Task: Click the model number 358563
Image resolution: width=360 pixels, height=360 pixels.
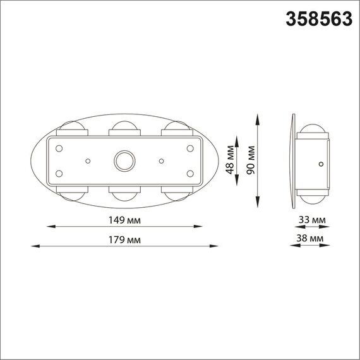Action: click(x=319, y=20)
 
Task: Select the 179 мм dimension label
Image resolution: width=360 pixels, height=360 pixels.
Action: click(x=125, y=240)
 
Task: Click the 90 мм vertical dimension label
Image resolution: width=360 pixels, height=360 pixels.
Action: click(x=250, y=160)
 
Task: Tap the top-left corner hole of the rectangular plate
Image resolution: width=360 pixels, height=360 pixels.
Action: click(x=59, y=148)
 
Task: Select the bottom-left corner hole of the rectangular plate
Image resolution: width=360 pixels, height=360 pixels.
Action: click(x=59, y=173)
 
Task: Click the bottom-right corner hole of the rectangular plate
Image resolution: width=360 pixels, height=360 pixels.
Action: click(x=189, y=173)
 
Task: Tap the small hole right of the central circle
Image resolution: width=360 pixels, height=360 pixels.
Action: click(x=162, y=160)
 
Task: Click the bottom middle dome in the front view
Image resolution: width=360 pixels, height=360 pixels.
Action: click(x=124, y=193)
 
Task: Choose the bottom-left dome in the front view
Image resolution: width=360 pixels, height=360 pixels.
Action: click(x=73, y=193)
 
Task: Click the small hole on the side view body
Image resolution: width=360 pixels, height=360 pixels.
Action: click(x=321, y=164)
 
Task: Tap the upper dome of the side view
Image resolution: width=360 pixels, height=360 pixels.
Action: click(x=313, y=132)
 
